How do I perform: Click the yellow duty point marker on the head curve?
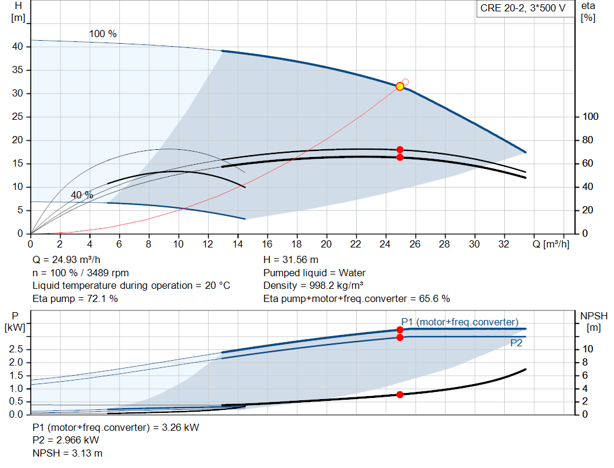(400, 86)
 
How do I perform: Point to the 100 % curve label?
(103, 34)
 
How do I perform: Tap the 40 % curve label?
(82, 195)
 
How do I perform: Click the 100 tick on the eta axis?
(591, 117)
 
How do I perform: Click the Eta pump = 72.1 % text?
(75, 298)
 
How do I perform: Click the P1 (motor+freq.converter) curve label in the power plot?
(460, 322)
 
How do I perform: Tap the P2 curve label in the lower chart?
(516, 343)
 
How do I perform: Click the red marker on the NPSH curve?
(400, 394)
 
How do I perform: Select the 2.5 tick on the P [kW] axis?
(17, 349)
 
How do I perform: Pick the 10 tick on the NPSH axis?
(588, 349)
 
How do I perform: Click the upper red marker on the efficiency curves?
(400, 150)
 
